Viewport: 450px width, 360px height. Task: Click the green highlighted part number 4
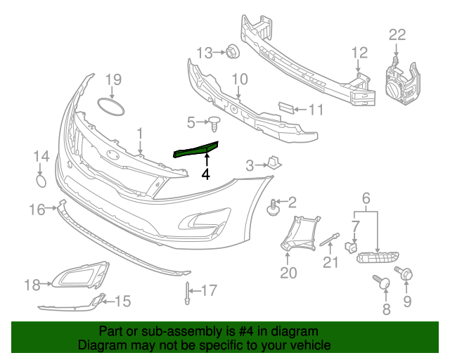[x=197, y=149]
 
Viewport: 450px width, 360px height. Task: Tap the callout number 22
[x=397, y=34]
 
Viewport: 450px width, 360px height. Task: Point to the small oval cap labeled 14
[x=43, y=181]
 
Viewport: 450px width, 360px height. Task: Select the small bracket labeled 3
[x=274, y=164]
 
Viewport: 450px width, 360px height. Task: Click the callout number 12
[x=359, y=51]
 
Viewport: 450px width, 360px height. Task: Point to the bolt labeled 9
[x=406, y=273]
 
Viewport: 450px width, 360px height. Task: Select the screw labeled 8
[x=384, y=283]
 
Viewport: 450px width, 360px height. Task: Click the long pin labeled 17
[x=188, y=295]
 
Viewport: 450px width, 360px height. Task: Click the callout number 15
[x=122, y=302]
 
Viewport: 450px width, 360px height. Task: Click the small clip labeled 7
[x=349, y=246]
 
